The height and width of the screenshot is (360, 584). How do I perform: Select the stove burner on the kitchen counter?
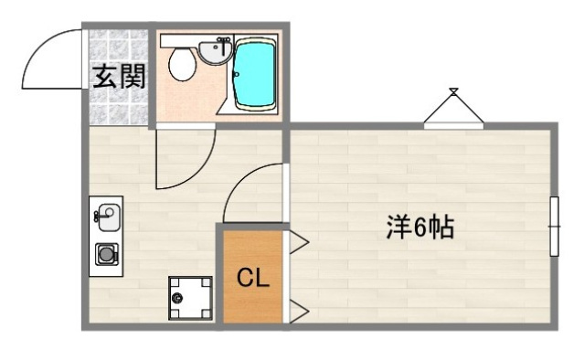[x=107, y=255]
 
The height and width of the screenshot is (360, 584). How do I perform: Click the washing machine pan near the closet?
[x=189, y=297]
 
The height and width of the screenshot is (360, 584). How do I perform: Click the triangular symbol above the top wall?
[x=453, y=108]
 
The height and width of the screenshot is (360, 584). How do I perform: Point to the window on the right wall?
[x=554, y=227]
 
